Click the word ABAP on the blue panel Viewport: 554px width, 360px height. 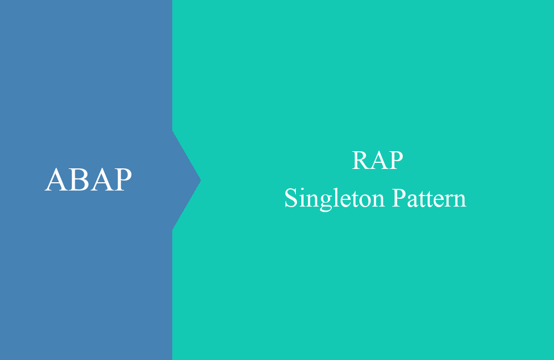88,179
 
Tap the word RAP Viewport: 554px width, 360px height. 377,161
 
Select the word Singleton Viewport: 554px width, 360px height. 334,198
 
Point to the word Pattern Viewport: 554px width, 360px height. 429,198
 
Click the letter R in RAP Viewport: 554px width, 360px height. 361,161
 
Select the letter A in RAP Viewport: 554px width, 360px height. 378,161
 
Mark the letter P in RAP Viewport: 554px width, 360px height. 396,161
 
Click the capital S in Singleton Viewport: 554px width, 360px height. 291,198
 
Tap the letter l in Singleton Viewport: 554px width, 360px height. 336,197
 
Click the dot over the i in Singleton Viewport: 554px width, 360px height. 302,189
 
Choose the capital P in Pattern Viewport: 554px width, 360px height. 399,198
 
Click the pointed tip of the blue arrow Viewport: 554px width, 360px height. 201,180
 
